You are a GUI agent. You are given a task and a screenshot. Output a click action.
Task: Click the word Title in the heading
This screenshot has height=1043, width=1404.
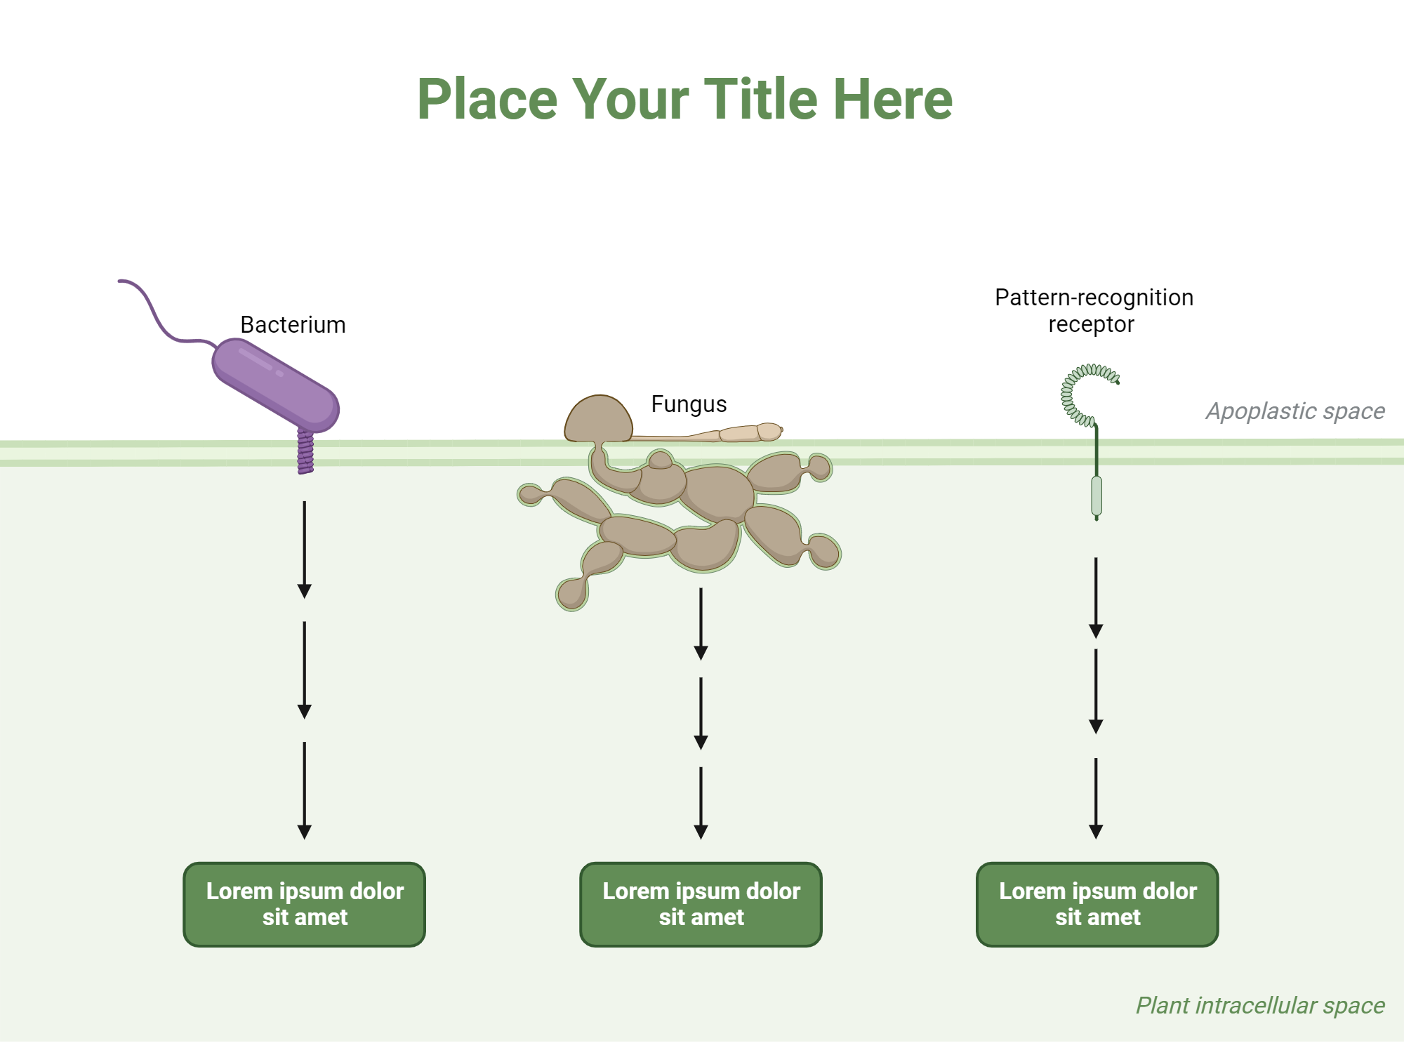(761, 100)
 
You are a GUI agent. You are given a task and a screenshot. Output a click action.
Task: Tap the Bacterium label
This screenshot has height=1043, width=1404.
(293, 325)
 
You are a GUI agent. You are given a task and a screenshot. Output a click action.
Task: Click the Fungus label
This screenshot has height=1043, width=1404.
(689, 404)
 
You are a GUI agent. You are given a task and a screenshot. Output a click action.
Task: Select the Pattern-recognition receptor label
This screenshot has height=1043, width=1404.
(1093, 311)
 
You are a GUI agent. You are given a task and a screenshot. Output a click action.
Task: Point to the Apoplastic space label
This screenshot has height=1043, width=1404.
(1295, 411)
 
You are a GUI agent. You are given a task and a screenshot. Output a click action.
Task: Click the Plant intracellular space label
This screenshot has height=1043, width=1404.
(1260, 1005)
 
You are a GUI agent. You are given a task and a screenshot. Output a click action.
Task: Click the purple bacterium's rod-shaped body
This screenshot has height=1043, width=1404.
(276, 385)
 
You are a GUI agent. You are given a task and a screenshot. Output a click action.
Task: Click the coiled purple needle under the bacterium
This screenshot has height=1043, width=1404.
(305, 453)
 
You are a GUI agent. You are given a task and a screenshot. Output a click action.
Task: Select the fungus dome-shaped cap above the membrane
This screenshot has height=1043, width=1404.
(599, 419)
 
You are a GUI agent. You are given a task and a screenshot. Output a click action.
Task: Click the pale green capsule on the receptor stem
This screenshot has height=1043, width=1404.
(1097, 496)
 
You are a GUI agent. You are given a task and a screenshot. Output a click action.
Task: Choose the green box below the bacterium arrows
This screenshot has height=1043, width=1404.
(305, 904)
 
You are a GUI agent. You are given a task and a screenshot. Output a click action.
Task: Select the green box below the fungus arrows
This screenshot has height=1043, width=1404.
(701, 904)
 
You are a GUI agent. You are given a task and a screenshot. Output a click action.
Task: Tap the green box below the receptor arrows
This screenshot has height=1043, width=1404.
(1097, 904)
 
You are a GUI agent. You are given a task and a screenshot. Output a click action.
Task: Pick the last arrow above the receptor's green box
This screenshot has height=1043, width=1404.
(1096, 798)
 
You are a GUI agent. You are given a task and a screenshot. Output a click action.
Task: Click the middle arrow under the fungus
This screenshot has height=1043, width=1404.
(701, 712)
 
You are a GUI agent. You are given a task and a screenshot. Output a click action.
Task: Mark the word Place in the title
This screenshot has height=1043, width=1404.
(487, 100)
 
